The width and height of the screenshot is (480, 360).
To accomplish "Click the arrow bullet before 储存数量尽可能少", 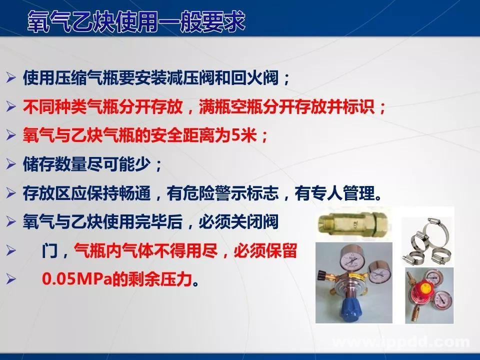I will click(x=11, y=164).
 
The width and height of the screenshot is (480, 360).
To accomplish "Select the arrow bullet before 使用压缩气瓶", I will click(x=11, y=78).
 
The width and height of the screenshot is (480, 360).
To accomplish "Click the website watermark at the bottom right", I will click(x=400, y=342).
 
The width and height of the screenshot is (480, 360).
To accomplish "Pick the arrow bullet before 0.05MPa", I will click(x=11, y=279).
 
